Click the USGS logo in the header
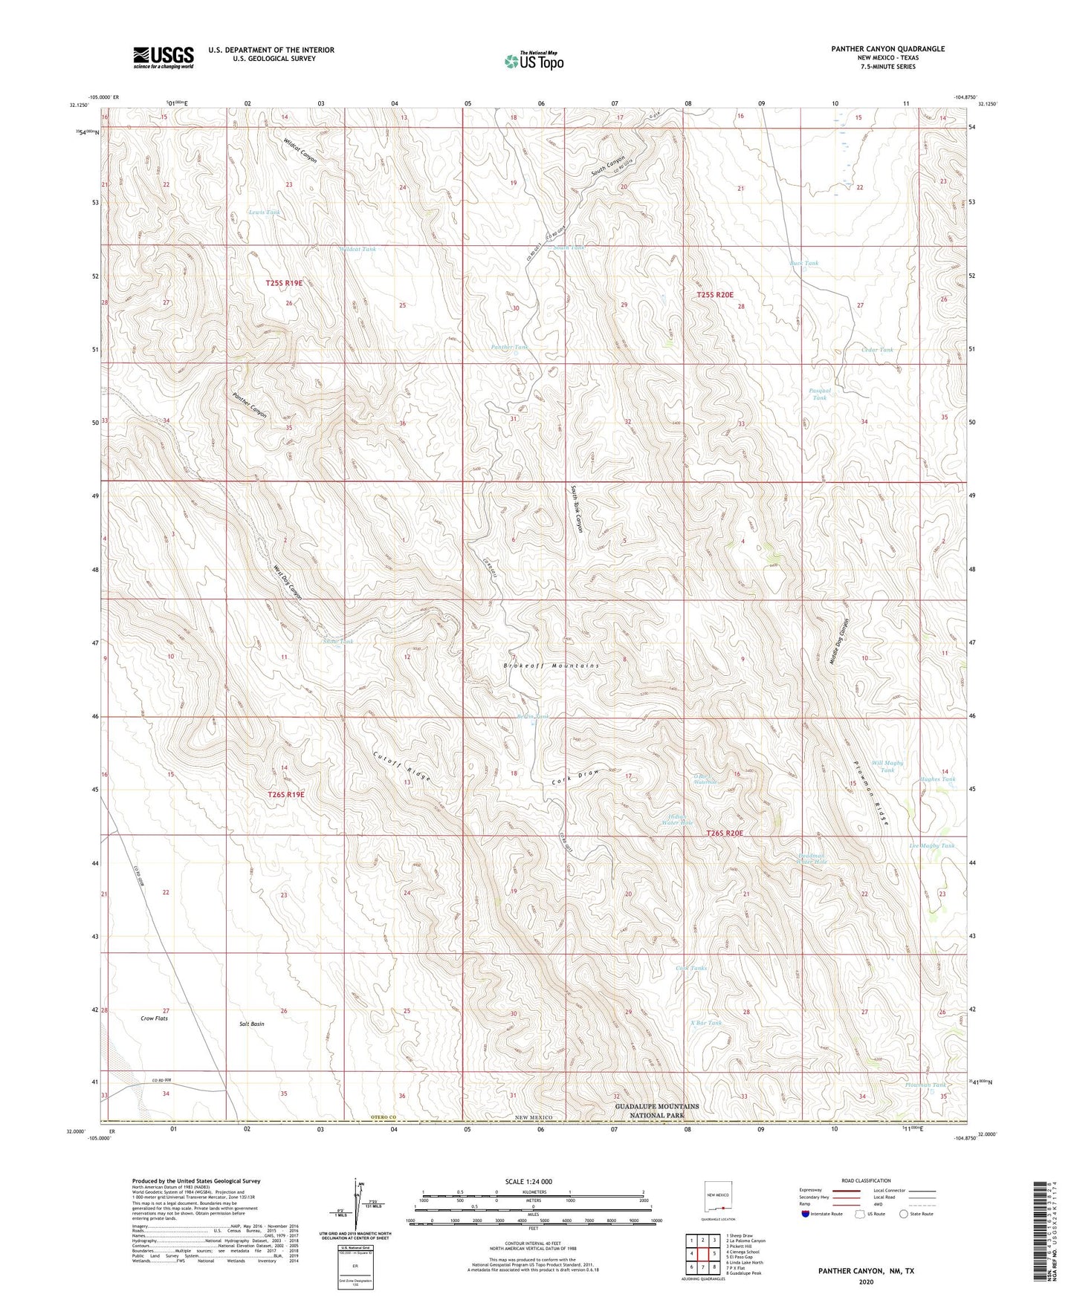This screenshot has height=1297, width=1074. pyautogui.click(x=164, y=57)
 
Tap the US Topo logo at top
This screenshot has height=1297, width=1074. pyautogui.click(x=533, y=61)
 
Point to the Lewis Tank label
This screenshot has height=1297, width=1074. pyautogui.click(x=264, y=212)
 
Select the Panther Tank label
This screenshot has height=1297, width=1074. pyautogui.click(x=510, y=347)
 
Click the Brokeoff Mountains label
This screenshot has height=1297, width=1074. pyautogui.click(x=551, y=666)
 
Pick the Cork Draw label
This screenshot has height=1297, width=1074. pyautogui.click(x=575, y=778)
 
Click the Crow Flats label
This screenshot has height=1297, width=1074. pyautogui.click(x=154, y=1018)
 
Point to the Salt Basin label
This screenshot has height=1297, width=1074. pyautogui.click(x=252, y=1024)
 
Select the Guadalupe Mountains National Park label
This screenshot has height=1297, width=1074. pyautogui.click(x=657, y=1111)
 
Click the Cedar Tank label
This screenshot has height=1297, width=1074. pyautogui.click(x=877, y=349)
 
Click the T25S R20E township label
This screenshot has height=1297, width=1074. pyautogui.click(x=719, y=296)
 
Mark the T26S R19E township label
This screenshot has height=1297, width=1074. pyautogui.click(x=285, y=795)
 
